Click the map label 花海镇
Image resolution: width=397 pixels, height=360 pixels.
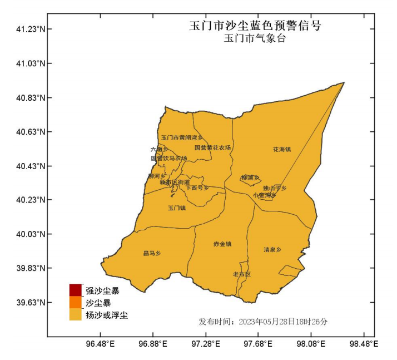pos(282,149)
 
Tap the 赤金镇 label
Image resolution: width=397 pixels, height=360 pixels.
pos(222,244)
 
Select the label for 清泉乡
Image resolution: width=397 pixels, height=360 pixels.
pos(272,249)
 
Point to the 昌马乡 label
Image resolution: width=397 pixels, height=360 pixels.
pos(152,253)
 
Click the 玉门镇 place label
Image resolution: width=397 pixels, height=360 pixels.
pos(177,208)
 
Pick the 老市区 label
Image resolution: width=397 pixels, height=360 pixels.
pos(242,274)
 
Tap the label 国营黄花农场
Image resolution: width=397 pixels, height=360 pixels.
pos(212,147)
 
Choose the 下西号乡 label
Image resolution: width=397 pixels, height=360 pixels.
pos(197,188)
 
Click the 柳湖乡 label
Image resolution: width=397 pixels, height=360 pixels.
pos(251,177)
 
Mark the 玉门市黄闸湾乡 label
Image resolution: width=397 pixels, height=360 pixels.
pos(182,137)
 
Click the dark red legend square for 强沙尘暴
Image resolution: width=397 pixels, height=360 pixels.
pos(76,290)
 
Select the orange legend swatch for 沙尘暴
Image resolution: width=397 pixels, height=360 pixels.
pos(76,302)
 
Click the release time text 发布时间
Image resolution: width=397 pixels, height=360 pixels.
pos(263,322)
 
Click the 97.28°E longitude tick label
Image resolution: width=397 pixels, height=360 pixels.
pos(206,344)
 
